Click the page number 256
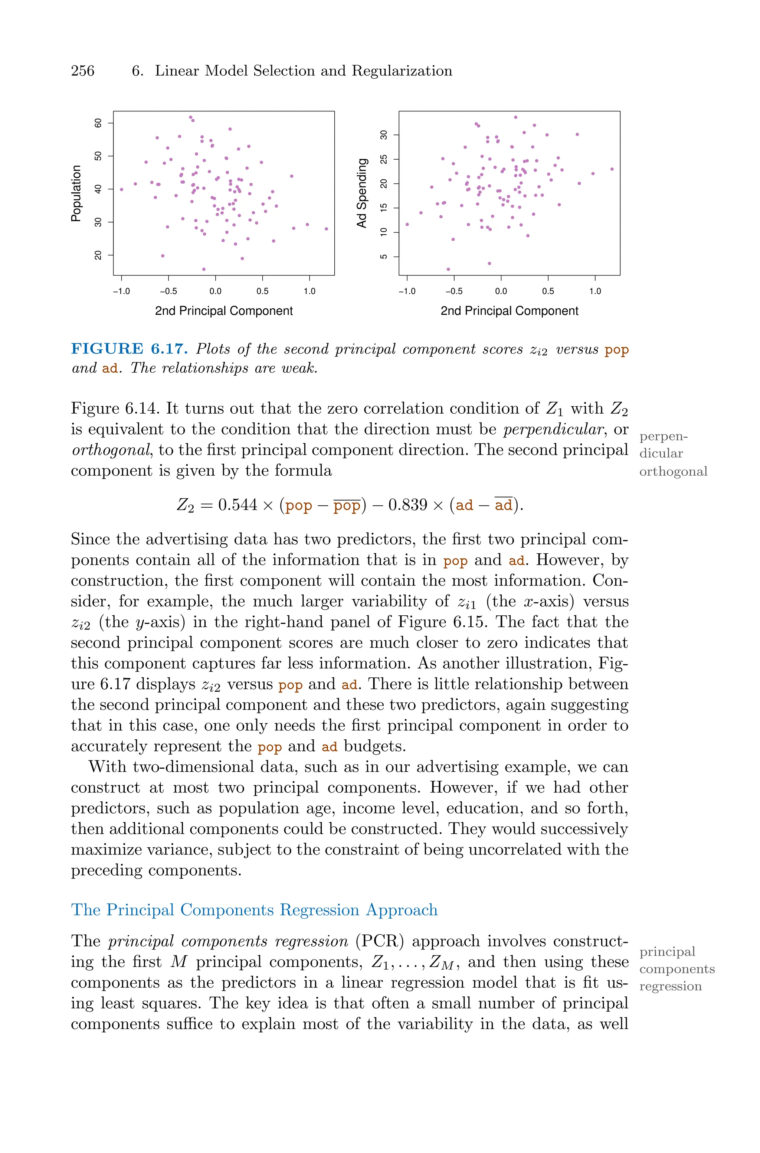point(82,71)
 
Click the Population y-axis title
point(76,193)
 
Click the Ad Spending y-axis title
point(361,193)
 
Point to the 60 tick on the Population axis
point(98,123)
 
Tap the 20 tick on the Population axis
point(98,255)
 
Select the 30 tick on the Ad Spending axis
point(384,135)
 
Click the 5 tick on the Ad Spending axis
point(384,257)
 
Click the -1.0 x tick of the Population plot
point(121,291)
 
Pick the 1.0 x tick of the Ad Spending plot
point(595,291)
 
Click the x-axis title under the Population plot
point(223,311)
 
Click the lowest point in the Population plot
point(204,269)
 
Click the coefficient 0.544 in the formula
point(237,505)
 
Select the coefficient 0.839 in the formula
point(408,505)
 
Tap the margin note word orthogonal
point(673,471)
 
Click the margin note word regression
point(670,986)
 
